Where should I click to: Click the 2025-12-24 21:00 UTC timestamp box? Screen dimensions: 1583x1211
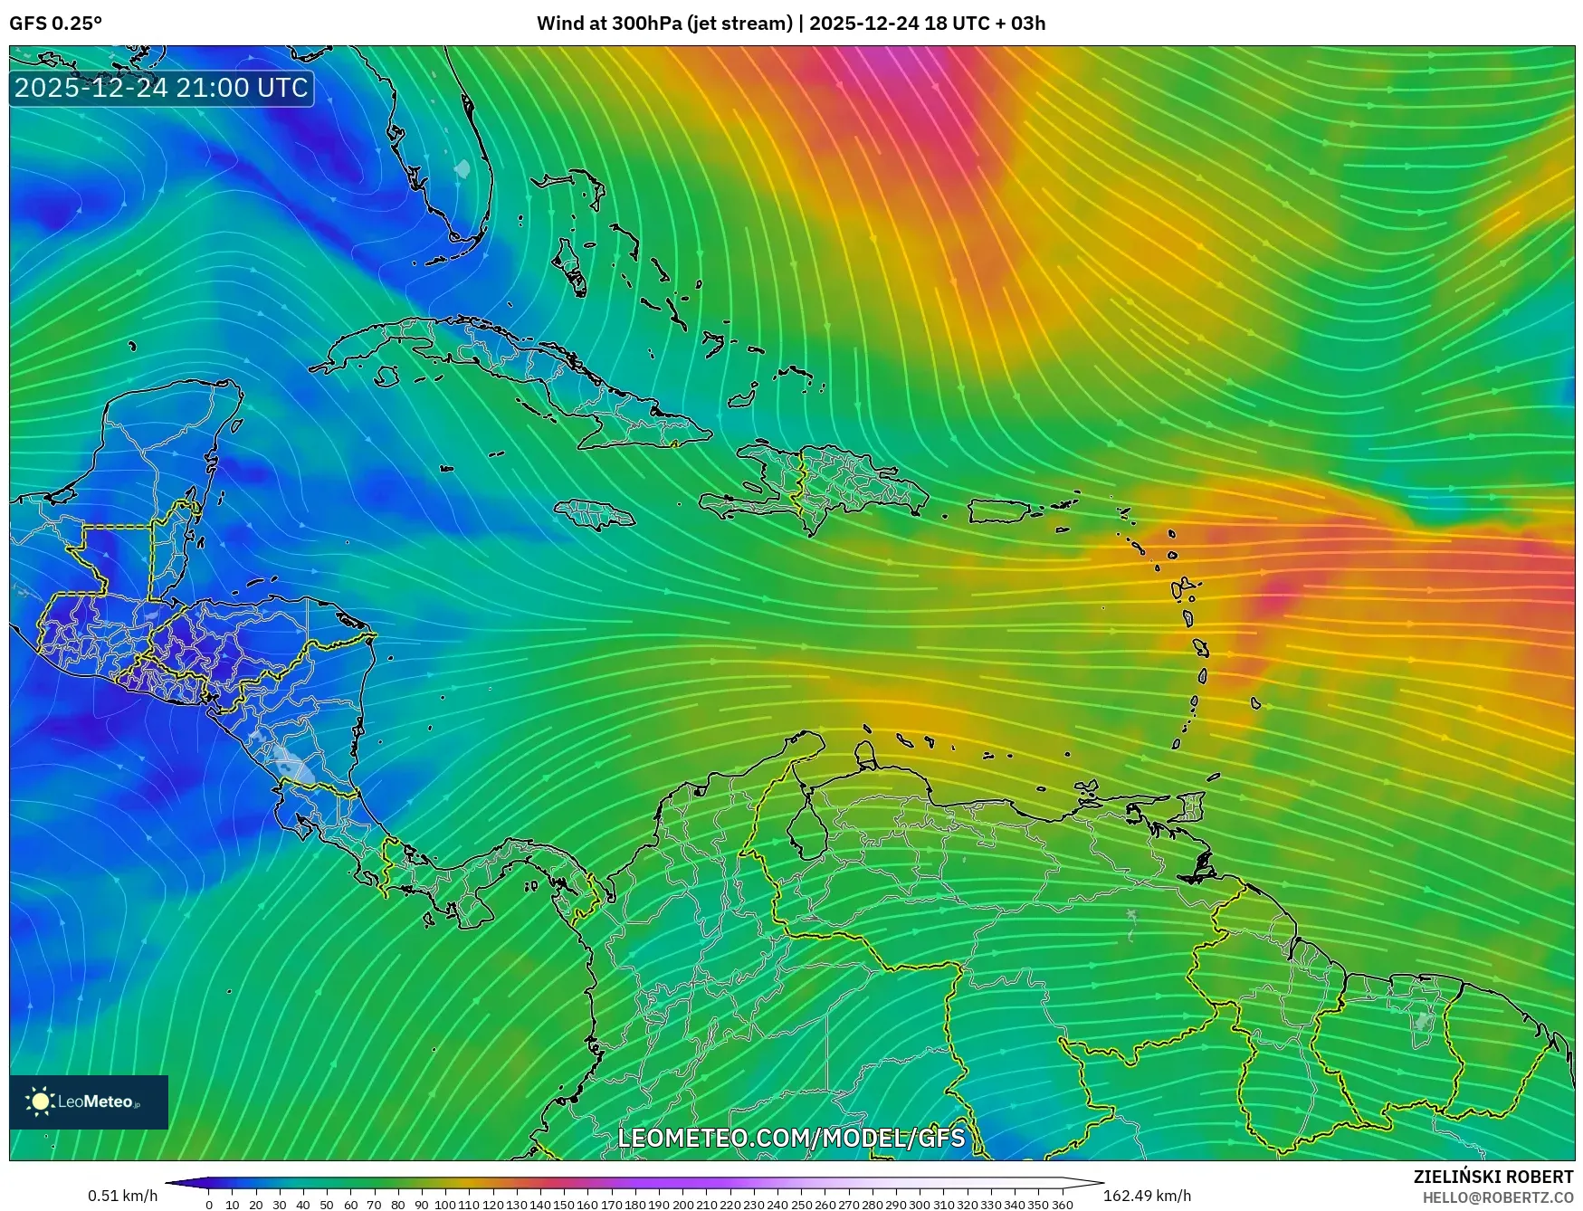point(161,88)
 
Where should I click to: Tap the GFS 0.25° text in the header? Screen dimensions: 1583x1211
point(55,24)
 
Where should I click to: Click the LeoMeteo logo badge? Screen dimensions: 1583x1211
point(88,1101)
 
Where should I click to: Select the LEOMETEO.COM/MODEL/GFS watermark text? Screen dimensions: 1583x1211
point(791,1137)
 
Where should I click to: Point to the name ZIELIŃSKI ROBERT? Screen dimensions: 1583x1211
point(1492,1177)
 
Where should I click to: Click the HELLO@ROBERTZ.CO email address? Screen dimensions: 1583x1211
point(1497,1197)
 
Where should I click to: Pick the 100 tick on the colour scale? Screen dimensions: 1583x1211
point(445,1204)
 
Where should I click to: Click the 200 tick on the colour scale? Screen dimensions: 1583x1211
point(682,1204)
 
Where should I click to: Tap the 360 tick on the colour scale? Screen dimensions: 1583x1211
point(1062,1204)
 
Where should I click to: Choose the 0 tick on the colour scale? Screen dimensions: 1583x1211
point(209,1204)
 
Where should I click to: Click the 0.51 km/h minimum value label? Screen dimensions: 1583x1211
point(122,1197)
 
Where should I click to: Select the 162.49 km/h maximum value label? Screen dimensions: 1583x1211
point(1147,1197)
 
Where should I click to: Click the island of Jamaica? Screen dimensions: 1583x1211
point(595,515)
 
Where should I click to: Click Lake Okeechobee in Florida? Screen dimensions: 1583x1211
point(463,168)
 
